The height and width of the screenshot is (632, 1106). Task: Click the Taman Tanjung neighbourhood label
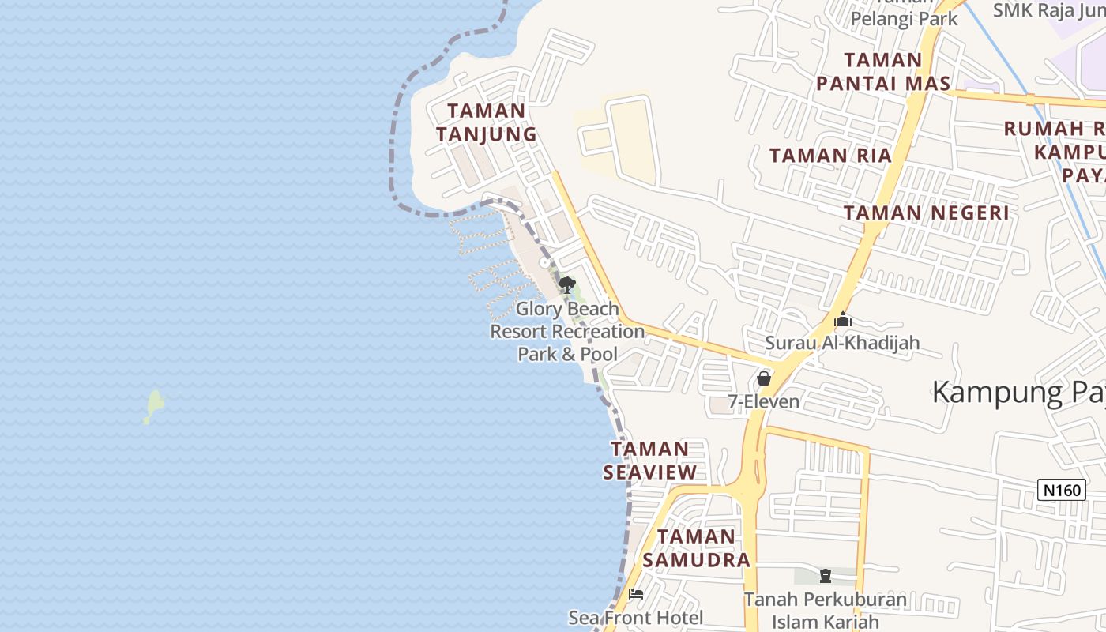point(486,122)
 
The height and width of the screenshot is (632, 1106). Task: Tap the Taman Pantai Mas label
point(883,72)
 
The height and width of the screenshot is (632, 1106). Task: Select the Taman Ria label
point(830,156)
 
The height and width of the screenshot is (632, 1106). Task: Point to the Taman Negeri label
point(926,213)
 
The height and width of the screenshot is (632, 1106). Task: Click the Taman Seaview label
point(650,461)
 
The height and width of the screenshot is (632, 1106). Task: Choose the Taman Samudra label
point(696,548)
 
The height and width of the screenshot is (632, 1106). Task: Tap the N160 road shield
point(1061,490)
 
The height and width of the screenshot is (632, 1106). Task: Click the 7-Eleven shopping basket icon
point(764,378)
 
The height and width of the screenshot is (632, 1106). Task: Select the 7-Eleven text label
point(764,401)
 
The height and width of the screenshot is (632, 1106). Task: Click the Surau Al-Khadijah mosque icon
point(843,321)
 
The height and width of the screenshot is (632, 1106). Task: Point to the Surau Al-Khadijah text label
point(842,343)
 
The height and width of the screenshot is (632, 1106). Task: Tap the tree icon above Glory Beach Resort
point(566,285)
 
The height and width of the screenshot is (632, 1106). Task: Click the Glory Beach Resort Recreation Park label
point(567,331)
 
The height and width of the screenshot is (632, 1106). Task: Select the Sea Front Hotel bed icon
point(636,593)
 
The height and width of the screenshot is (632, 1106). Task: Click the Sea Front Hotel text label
point(636,617)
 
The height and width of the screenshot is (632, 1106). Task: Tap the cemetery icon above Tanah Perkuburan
point(826,576)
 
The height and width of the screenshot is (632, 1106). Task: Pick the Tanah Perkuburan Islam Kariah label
point(826,611)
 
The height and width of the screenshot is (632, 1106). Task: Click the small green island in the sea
point(153,406)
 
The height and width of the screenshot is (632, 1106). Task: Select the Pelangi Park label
point(904,18)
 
